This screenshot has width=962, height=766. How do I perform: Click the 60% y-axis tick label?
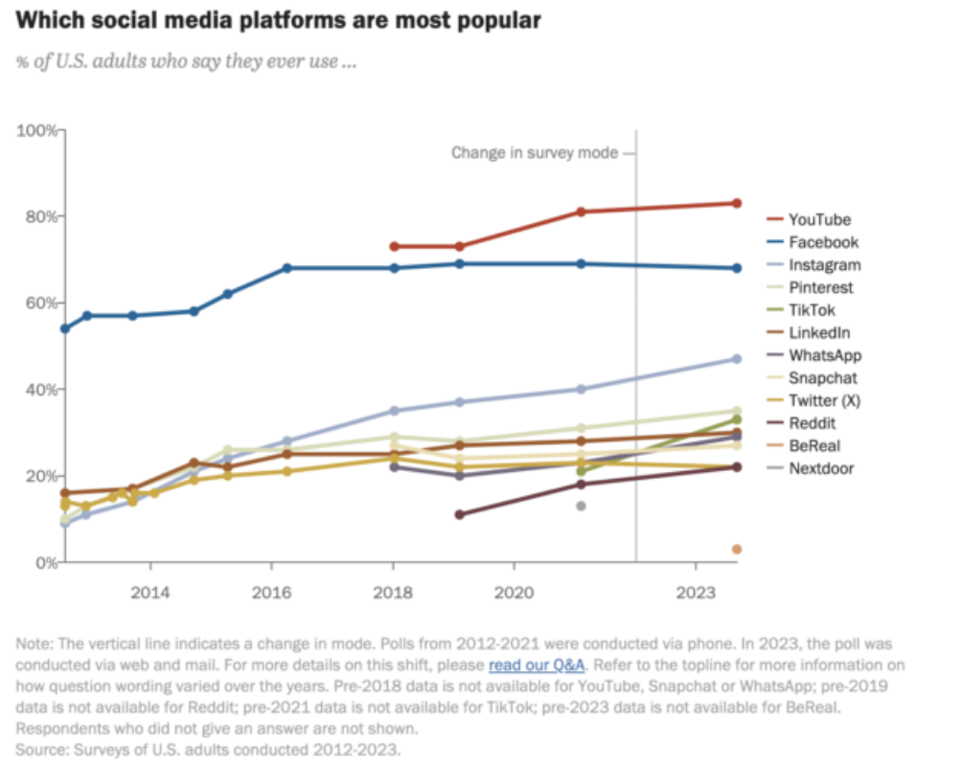pyautogui.click(x=42, y=303)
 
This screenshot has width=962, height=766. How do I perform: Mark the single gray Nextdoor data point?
pyautogui.click(x=581, y=506)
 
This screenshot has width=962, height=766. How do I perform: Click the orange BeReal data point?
pyautogui.click(x=737, y=549)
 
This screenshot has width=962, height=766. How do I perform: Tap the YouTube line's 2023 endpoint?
pyautogui.click(x=737, y=203)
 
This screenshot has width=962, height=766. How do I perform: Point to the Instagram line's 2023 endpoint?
pyautogui.click(x=737, y=359)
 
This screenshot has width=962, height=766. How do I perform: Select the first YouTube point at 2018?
pyautogui.click(x=393, y=246)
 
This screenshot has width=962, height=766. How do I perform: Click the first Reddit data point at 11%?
pyautogui.click(x=460, y=514)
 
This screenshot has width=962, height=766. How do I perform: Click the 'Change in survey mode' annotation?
pyautogui.click(x=535, y=152)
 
